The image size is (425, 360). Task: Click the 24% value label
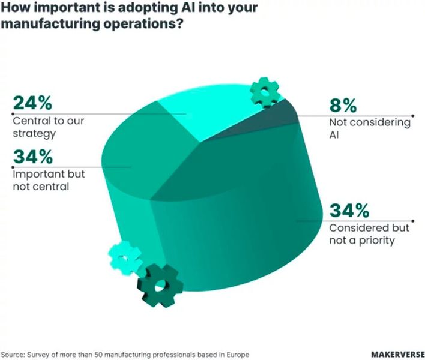click(34, 103)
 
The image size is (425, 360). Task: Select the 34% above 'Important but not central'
click(33, 158)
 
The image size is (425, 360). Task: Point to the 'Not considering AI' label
click(369, 128)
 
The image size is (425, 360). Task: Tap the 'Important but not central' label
click(49, 180)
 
